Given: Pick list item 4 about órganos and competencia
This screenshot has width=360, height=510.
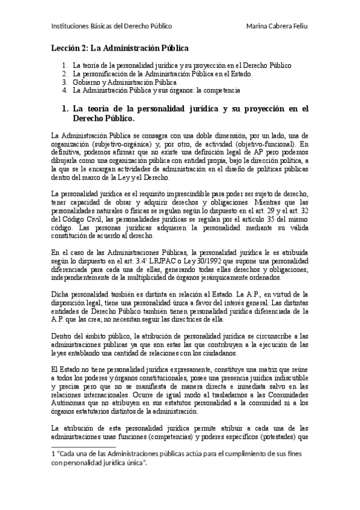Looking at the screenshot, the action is pos(156,90).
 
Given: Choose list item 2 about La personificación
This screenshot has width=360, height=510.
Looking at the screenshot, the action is pos(162,73).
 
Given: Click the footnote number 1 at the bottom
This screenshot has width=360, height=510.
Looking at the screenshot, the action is pos(53,455).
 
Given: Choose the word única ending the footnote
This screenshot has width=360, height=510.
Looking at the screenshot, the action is pos(133,464).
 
